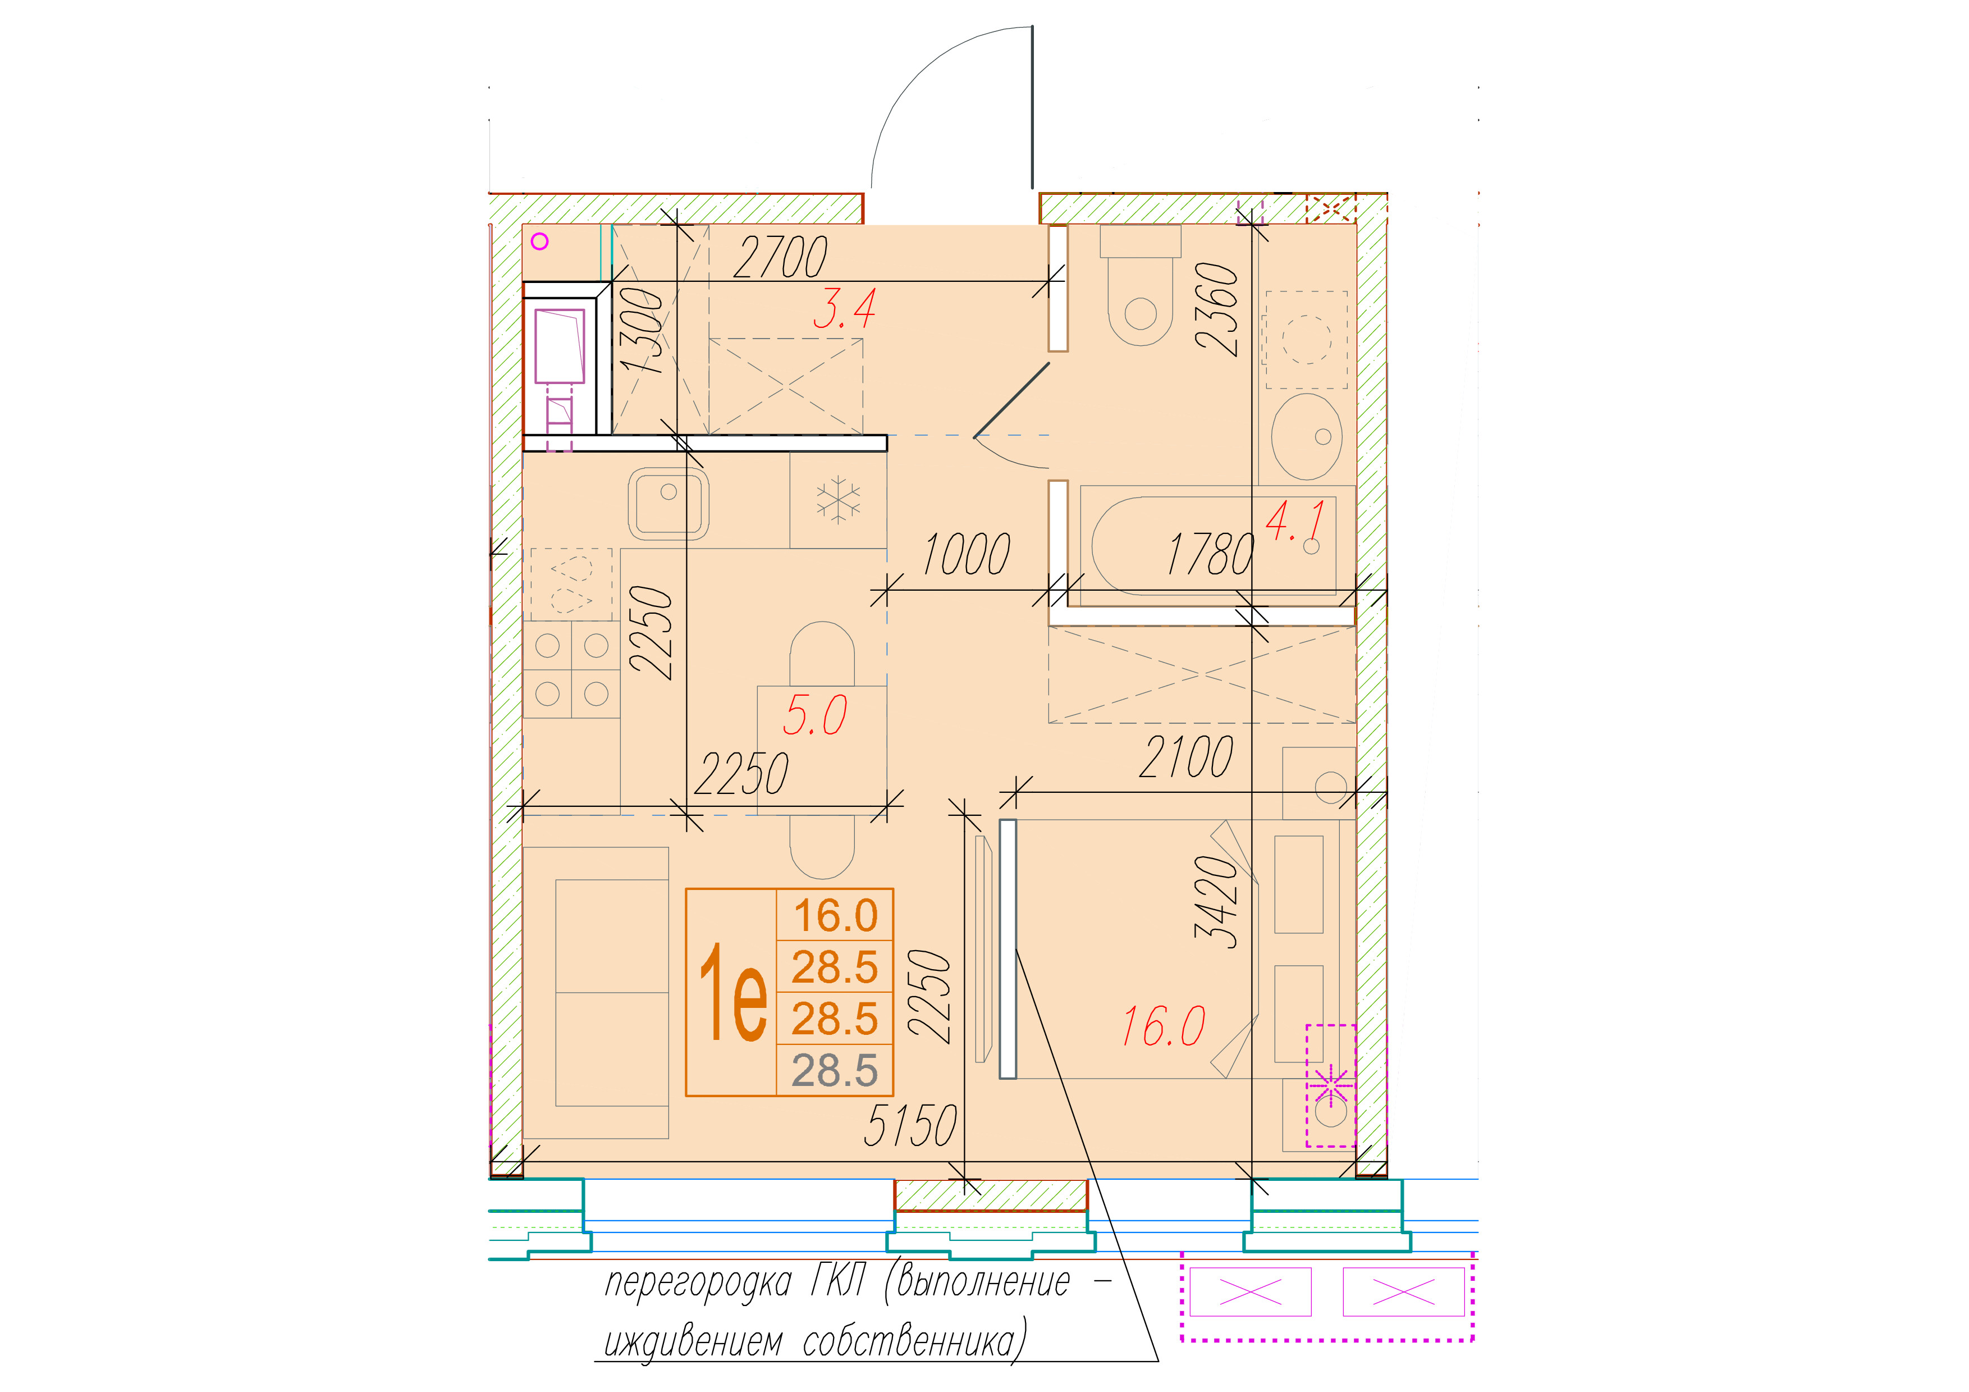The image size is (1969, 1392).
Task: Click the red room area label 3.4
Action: (x=845, y=309)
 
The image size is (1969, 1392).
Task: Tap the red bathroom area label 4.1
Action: (x=1296, y=521)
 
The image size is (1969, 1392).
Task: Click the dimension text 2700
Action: (x=780, y=257)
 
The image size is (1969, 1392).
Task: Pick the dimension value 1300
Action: (x=642, y=330)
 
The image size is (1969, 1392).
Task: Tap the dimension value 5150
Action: (x=911, y=1125)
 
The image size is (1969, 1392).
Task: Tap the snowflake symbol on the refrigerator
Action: (x=838, y=500)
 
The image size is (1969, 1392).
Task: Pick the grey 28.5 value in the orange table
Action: (x=835, y=1071)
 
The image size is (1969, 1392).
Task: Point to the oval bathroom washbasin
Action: (x=1306, y=436)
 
